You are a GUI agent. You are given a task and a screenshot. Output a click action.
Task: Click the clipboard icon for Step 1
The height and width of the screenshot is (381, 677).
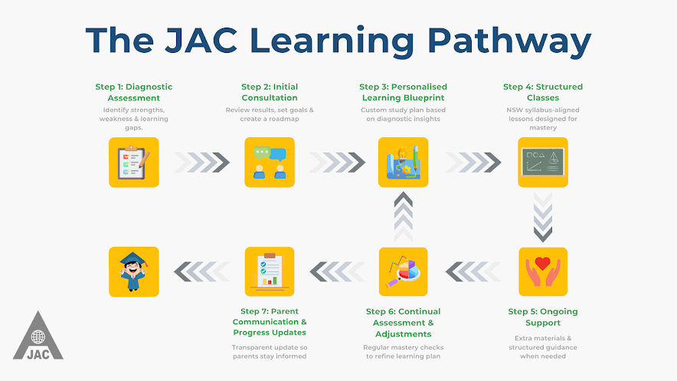(x=134, y=163)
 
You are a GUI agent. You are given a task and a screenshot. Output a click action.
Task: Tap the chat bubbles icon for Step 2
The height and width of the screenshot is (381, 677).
(x=270, y=163)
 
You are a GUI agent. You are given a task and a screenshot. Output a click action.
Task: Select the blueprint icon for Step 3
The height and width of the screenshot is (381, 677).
(x=404, y=163)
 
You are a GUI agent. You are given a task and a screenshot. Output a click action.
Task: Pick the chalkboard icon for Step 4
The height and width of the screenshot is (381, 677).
(x=543, y=163)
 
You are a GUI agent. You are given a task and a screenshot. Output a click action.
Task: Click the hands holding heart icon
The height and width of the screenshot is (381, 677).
(x=543, y=271)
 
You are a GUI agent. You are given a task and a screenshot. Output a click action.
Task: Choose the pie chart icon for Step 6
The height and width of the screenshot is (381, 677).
(x=404, y=271)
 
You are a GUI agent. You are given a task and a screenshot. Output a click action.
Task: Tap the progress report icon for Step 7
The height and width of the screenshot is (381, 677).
(x=270, y=271)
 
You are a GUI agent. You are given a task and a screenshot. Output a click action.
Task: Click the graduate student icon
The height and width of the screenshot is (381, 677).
(x=134, y=271)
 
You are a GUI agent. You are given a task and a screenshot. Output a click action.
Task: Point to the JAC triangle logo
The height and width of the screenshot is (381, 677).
(x=38, y=336)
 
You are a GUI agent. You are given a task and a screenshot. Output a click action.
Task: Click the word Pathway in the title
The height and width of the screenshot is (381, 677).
(x=509, y=41)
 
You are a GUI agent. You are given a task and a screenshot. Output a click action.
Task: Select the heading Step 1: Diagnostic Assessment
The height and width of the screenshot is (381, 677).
(x=134, y=93)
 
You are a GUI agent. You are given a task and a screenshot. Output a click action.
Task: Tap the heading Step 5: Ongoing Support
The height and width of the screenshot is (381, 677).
(x=543, y=317)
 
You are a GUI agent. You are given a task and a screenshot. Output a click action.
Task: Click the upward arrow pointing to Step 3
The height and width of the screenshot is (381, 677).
(x=404, y=217)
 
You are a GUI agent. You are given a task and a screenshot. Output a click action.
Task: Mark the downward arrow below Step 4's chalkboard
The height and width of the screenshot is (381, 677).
(x=543, y=217)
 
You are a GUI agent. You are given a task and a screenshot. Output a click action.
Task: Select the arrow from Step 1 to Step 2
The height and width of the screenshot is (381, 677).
(x=201, y=163)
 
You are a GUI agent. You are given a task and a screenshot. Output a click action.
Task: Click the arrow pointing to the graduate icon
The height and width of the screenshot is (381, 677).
(x=201, y=271)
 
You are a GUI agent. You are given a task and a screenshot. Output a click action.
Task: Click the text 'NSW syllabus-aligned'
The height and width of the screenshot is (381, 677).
(x=543, y=110)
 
